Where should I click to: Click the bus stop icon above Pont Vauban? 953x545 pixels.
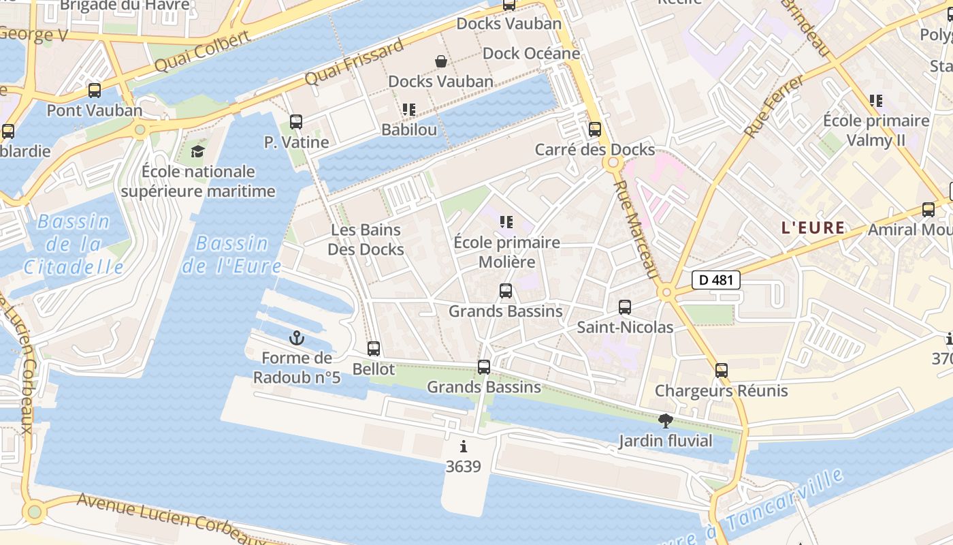[x=95, y=91]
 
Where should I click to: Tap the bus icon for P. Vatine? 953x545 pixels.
[x=296, y=122]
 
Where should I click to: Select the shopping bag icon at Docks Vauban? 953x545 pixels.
[x=441, y=62]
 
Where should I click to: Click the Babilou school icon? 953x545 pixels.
[x=408, y=110]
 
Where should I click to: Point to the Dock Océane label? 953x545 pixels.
[x=531, y=53]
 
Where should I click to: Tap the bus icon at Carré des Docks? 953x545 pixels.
[x=595, y=129]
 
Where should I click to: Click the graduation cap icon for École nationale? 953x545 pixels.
[x=197, y=151]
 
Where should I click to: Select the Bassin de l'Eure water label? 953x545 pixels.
[x=231, y=254]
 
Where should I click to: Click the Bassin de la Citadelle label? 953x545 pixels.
[x=74, y=244]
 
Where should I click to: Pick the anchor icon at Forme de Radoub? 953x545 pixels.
[x=297, y=338]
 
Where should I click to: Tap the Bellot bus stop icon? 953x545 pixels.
[x=374, y=349]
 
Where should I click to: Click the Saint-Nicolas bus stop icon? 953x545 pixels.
[x=625, y=307]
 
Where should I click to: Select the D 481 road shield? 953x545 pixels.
[x=716, y=279]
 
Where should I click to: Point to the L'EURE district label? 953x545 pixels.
[x=813, y=228]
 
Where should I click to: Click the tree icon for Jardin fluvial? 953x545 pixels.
[x=666, y=421]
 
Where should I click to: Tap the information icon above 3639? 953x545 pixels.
[x=464, y=447]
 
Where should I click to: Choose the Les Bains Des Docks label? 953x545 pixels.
[x=366, y=240]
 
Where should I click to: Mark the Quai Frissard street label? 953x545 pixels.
[x=354, y=63]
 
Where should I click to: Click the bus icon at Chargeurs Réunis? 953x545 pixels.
[x=722, y=371]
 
